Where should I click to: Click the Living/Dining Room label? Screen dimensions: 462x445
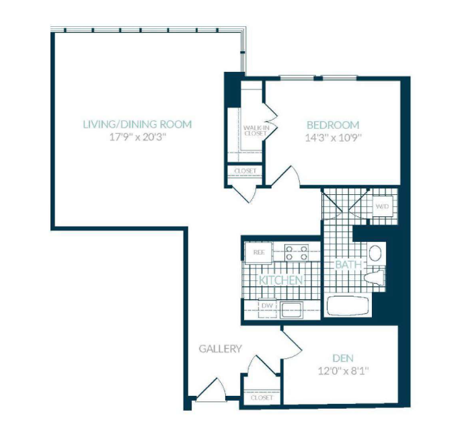137,124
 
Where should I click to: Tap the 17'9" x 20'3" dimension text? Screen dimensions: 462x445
138,137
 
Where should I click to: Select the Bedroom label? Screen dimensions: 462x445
333,125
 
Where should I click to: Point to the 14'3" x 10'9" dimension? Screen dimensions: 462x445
333,138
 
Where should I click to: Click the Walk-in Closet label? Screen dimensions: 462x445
255,131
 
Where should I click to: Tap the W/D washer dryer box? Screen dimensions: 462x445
383,206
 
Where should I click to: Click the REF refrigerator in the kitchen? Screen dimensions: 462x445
258,253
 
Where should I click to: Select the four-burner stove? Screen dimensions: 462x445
297,253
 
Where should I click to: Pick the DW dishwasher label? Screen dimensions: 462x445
267,306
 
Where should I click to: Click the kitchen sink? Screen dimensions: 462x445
291,310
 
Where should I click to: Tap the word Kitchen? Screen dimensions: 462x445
281,280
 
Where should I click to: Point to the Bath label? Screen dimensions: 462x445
348,264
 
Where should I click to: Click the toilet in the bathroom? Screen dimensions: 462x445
374,277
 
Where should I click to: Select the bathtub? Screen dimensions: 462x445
348,306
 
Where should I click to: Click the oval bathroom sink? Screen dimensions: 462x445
375,253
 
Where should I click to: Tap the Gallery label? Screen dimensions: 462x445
221,349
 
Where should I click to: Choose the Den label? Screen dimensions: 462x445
343,358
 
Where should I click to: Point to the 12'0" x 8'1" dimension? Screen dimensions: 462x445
344,371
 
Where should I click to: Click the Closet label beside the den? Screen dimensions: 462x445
262,398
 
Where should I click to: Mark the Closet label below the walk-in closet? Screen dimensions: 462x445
245,171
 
